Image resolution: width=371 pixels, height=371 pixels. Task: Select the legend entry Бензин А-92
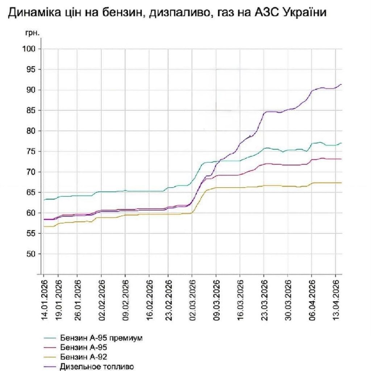83,357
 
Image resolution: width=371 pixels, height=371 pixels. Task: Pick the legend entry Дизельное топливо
97,366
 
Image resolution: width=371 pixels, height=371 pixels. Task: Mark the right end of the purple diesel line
341,84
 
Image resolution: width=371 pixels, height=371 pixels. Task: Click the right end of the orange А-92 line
341,183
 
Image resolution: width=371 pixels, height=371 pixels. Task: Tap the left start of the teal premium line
44,200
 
